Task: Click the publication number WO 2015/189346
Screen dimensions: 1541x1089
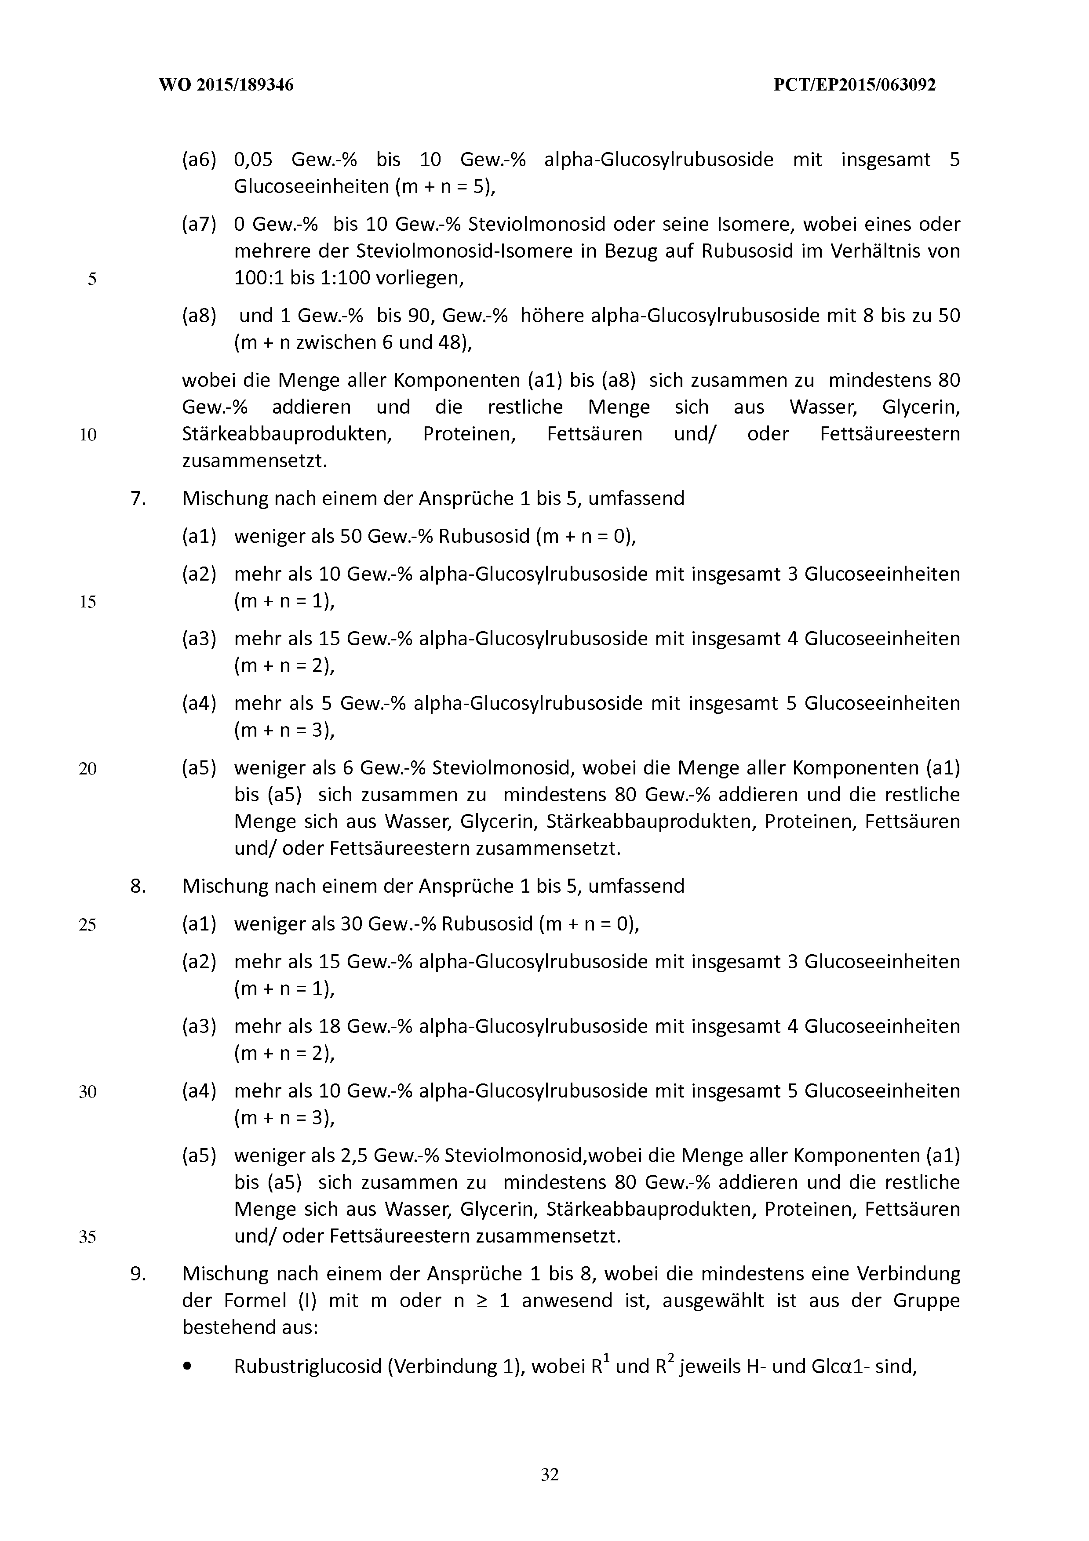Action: click(x=226, y=85)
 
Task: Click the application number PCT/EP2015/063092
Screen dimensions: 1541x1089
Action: click(x=855, y=85)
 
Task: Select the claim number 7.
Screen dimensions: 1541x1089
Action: click(x=138, y=499)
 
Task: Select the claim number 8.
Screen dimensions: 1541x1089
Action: click(x=138, y=886)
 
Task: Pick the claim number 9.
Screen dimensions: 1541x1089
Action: click(x=138, y=1273)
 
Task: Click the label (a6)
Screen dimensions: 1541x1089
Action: click(x=199, y=160)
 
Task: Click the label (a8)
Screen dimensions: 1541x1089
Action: click(x=199, y=316)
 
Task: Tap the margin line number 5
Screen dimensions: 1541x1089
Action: click(x=92, y=279)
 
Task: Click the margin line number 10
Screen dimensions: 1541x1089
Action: click(x=88, y=435)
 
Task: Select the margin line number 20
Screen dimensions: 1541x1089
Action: click(x=88, y=768)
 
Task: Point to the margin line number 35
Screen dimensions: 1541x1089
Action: click(x=88, y=1236)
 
